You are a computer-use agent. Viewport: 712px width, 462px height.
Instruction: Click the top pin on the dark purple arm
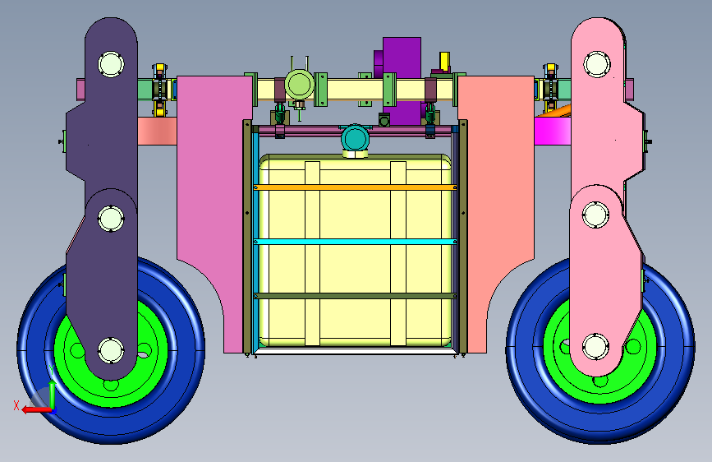[111, 64]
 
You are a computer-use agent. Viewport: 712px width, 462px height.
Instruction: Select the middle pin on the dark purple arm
[111, 219]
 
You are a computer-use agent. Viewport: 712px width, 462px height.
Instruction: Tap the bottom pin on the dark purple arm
[111, 350]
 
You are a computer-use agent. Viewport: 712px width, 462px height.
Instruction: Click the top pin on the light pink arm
[596, 64]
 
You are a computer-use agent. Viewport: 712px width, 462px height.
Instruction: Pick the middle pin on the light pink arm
[595, 215]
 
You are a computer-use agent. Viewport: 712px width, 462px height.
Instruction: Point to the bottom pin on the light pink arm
[595, 347]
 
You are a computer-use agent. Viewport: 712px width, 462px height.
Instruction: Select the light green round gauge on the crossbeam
[299, 85]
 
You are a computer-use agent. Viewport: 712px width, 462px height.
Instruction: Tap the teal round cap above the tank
[355, 138]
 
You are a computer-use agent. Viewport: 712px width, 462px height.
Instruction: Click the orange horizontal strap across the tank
[355, 187]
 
